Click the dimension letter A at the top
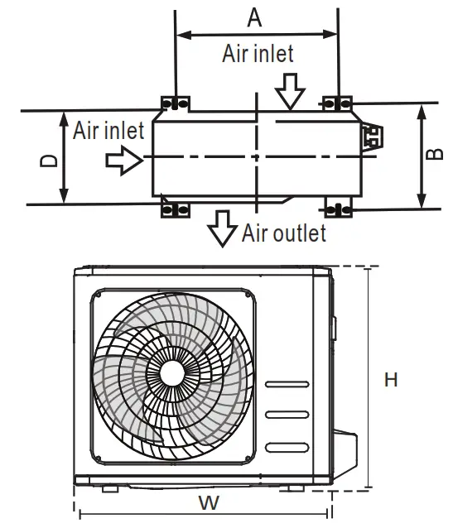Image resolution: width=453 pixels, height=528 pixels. tap(254, 18)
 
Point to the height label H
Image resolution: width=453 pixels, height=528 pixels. tap(391, 380)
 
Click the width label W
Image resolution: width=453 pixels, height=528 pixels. tap(209, 503)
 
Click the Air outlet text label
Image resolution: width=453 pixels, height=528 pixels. tap(284, 233)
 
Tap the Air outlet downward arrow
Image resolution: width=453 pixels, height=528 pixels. tap(222, 228)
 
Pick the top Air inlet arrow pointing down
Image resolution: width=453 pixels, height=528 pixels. tap(290, 92)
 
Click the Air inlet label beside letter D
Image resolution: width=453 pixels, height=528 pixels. tap(108, 131)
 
